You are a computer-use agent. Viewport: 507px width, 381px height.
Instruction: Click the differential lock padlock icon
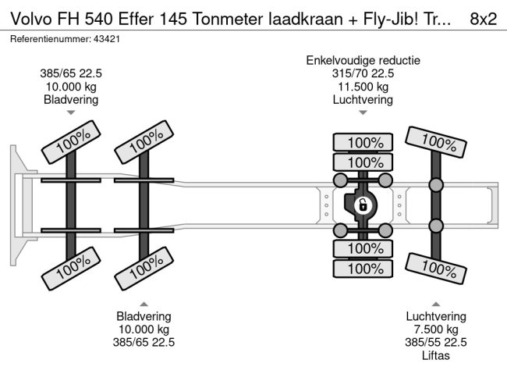pos(363,206)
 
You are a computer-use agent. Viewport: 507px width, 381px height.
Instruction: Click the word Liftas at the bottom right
pos(435,356)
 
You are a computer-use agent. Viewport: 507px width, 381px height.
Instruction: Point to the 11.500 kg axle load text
pos(363,87)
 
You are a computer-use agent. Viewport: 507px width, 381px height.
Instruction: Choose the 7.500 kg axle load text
pos(435,329)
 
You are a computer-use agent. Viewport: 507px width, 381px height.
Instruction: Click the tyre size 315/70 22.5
pos(363,73)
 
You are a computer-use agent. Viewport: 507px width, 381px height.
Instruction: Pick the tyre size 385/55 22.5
pos(435,343)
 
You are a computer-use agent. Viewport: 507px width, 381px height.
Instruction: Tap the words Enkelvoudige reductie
pos(363,60)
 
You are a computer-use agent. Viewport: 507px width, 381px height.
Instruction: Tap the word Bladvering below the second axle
pos(144,316)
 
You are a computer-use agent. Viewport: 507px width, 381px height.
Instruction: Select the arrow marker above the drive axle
pos(363,112)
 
